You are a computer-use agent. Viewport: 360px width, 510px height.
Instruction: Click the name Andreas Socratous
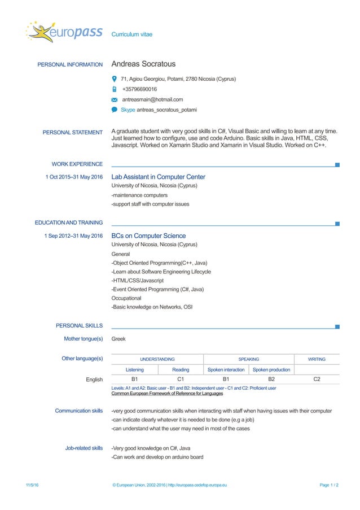(x=143, y=64)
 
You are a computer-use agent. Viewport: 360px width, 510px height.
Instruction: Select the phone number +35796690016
(x=140, y=89)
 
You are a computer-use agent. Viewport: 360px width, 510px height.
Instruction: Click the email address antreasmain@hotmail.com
(x=152, y=99)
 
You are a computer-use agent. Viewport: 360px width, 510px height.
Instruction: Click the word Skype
(x=128, y=110)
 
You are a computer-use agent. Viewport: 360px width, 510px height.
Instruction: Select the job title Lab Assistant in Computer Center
(x=158, y=177)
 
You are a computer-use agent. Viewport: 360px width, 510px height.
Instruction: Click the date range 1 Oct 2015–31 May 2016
(x=74, y=177)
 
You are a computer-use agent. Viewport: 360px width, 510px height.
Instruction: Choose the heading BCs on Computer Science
(x=148, y=236)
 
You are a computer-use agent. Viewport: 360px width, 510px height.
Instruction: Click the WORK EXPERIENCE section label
(x=77, y=164)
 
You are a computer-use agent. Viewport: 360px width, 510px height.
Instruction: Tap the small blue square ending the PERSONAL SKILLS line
(x=337, y=326)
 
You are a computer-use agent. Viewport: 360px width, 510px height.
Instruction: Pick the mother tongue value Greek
(x=118, y=339)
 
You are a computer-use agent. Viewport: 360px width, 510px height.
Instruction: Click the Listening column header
(x=134, y=370)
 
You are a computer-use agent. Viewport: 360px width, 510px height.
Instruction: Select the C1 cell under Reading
(x=181, y=380)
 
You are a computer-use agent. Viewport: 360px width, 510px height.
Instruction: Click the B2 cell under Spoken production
(x=271, y=380)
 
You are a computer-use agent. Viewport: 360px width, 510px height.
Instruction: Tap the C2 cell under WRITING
(x=317, y=380)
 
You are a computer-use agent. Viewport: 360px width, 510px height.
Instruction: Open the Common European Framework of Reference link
(x=167, y=394)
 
